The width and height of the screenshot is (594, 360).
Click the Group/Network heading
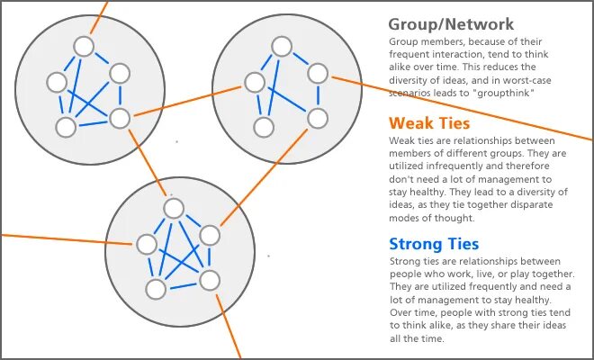(x=451, y=24)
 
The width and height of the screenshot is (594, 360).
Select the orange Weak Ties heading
(x=429, y=122)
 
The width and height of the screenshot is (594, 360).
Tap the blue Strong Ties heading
(x=434, y=244)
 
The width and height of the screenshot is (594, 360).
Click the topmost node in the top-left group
(x=85, y=46)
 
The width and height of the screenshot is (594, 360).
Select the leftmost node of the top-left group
(x=57, y=83)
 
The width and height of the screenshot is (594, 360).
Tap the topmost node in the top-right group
(x=283, y=45)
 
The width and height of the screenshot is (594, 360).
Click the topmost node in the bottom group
(x=174, y=208)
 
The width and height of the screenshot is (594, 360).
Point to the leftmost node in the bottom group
(x=146, y=243)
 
